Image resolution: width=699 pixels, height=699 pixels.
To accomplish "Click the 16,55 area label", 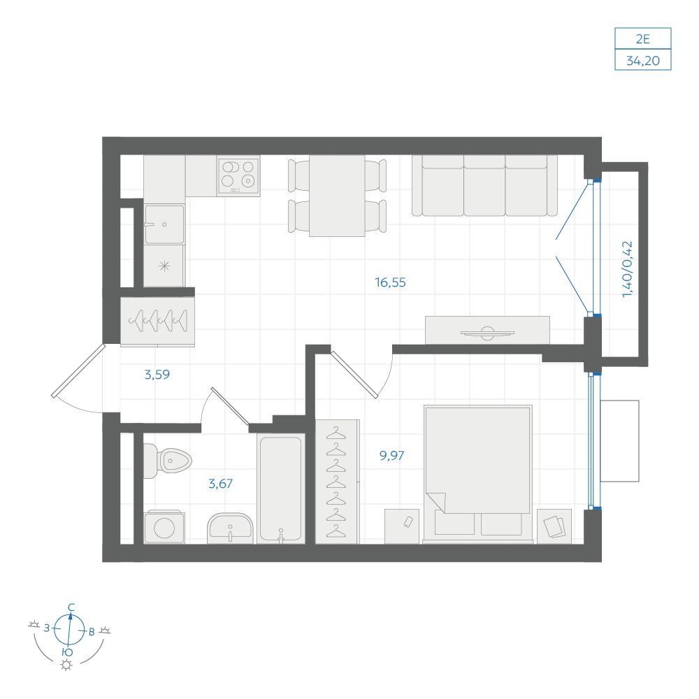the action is point(390,282).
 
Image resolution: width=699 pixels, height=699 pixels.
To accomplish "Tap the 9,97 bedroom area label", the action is point(391,455).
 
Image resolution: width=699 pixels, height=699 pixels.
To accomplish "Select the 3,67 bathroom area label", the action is point(221,483).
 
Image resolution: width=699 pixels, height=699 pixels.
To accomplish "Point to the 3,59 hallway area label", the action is point(157,375).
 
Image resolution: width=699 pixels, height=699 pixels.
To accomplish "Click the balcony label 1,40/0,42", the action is point(627,269).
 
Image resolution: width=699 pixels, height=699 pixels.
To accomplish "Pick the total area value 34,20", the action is point(643,61).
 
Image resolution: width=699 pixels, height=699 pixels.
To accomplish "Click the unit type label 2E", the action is point(643,39).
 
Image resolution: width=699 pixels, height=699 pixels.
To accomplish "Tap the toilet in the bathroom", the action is point(168,461).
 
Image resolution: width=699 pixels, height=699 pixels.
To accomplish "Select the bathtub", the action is point(280,489).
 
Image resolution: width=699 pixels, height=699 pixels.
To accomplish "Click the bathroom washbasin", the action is point(230,528).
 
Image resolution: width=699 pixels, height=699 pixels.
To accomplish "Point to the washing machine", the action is point(164,527).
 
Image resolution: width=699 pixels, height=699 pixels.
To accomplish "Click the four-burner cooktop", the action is point(238,176).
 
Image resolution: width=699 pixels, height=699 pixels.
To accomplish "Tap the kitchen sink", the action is point(164,224).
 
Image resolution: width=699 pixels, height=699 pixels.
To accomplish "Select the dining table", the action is point(337,195).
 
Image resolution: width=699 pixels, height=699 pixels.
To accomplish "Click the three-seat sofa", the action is point(484,185).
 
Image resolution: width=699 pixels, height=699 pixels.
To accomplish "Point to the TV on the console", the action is point(487,333).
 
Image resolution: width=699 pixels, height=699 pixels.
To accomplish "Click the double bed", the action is point(478,474).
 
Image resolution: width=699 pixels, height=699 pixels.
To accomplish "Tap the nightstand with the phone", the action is point(402,526).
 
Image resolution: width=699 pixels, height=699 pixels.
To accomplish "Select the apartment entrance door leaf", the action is point(78,370).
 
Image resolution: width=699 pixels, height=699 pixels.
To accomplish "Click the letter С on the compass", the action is point(71,607).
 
